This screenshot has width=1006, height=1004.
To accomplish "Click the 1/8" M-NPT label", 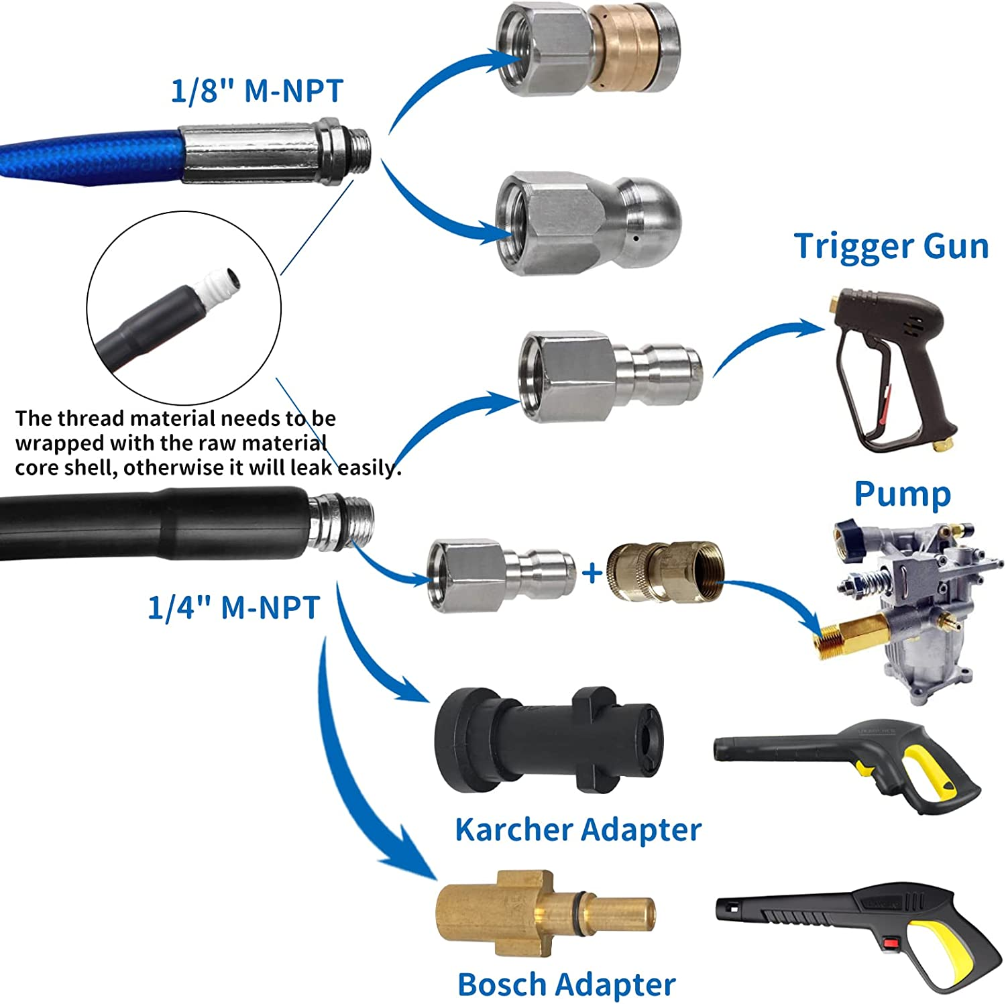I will click(x=257, y=91).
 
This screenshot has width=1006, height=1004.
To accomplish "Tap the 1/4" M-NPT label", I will click(x=233, y=608).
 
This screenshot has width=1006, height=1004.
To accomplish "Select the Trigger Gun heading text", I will click(x=891, y=246).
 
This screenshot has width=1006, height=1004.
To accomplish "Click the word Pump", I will click(x=902, y=494).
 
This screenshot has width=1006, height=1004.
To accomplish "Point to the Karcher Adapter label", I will click(x=578, y=830).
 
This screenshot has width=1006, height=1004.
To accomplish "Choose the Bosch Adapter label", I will click(x=567, y=985).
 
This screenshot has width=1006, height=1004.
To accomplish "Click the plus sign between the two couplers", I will click(x=592, y=573).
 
